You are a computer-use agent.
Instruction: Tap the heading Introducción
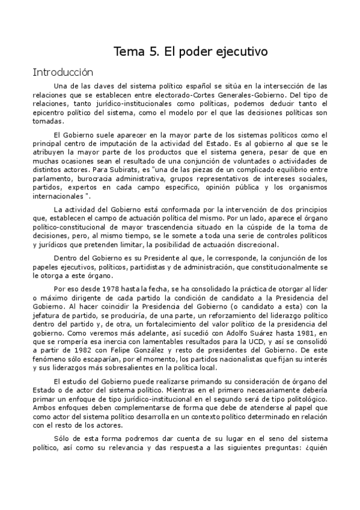click(x=63, y=72)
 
